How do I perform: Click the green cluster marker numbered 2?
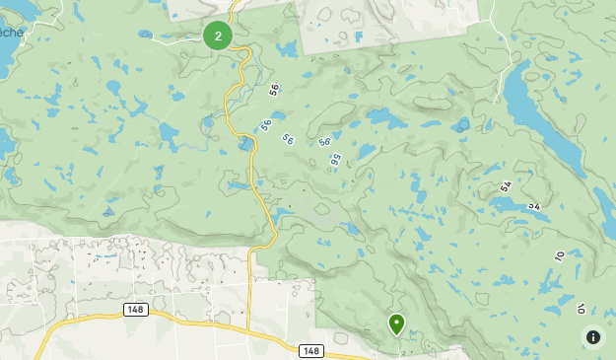218,36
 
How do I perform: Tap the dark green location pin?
396,324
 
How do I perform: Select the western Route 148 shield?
136,310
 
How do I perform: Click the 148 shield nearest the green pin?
311,351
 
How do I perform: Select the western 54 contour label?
507,185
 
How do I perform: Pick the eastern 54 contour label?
535,206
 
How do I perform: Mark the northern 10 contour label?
559,256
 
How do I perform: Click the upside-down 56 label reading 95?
336,158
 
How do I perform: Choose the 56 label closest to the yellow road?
266,124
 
